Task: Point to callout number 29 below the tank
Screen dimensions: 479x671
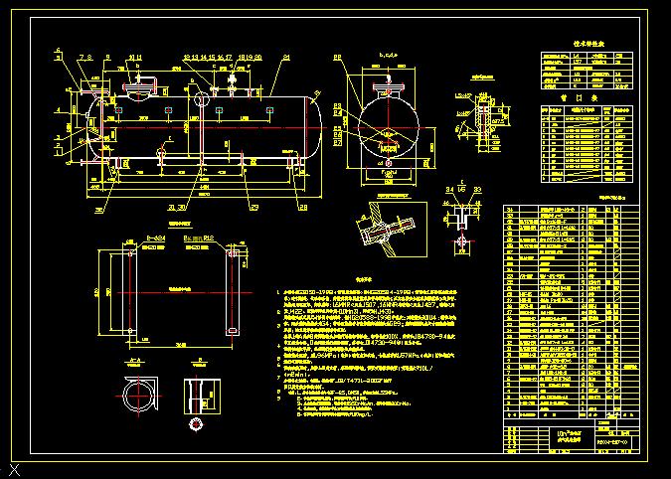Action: [254, 207]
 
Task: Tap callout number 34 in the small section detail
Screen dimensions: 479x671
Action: [449, 188]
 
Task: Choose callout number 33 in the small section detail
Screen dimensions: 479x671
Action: [477, 188]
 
